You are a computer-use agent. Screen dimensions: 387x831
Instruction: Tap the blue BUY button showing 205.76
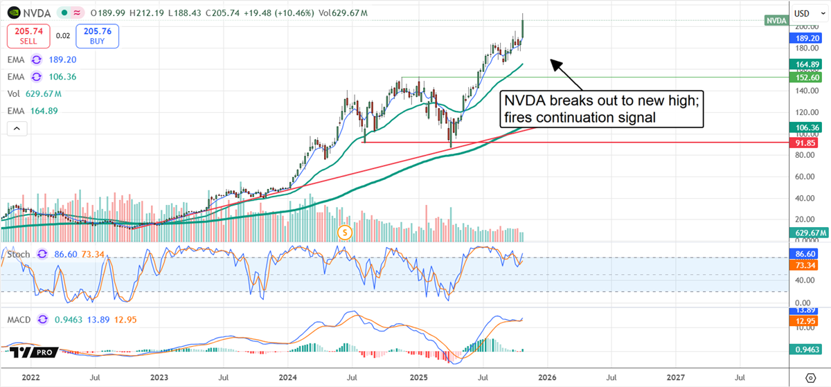click(98, 35)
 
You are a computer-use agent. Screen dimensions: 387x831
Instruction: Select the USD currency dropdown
click(805, 13)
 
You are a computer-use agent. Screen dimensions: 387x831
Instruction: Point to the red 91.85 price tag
click(805, 142)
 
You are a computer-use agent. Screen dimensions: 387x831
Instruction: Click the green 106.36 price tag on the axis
click(805, 127)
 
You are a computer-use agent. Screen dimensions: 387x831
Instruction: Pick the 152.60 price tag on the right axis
click(805, 78)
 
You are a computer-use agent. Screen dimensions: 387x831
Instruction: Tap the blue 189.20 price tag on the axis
click(805, 39)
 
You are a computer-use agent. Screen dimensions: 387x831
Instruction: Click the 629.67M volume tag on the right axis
click(807, 233)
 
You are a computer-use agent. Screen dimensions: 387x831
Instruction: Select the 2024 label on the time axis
click(289, 377)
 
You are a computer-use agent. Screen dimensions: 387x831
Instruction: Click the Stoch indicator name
click(19, 254)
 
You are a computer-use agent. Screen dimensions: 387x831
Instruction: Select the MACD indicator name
click(19, 320)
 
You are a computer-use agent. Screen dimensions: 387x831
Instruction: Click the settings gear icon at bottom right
click(810, 377)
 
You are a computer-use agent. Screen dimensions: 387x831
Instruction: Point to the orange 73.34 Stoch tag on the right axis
click(805, 266)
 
